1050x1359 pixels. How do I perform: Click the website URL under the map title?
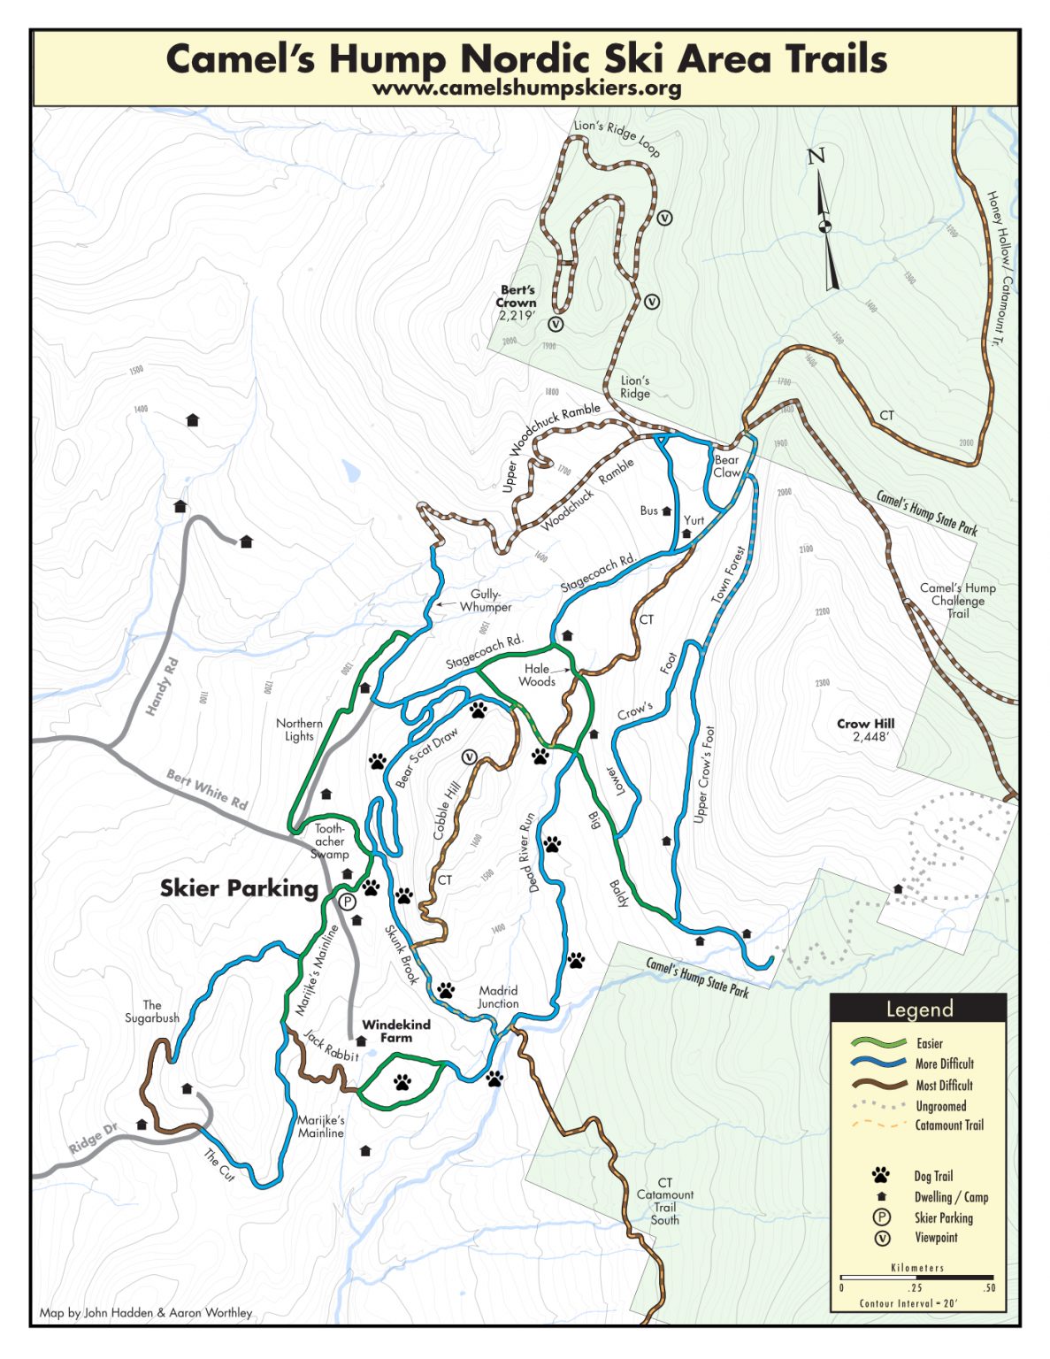(x=526, y=88)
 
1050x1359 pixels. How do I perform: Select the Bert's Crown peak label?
(x=517, y=302)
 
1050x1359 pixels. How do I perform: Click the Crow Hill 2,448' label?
(x=865, y=729)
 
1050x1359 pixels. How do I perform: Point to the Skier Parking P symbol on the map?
(x=347, y=902)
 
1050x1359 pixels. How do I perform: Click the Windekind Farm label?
(x=395, y=1031)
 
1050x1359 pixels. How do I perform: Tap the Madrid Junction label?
(x=498, y=996)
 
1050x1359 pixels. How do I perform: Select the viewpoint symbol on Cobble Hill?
(x=469, y=756)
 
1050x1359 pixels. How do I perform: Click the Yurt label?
(x=694, y=520)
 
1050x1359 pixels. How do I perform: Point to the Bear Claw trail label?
(x=726, y=466)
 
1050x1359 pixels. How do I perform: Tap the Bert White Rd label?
(x=207, y=789)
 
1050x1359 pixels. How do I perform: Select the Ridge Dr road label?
(x=92, y=1139)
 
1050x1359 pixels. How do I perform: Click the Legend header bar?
(x=918, y=1009)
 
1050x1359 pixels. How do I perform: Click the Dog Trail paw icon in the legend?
(x=880, y=1175)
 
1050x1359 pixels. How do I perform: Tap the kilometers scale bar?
(x=916, y=1278)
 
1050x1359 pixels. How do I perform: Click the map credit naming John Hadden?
(x=146, y=1312)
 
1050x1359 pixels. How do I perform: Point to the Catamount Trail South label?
(x=664, y=1201)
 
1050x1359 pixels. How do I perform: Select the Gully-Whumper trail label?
(x=485, y=601)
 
